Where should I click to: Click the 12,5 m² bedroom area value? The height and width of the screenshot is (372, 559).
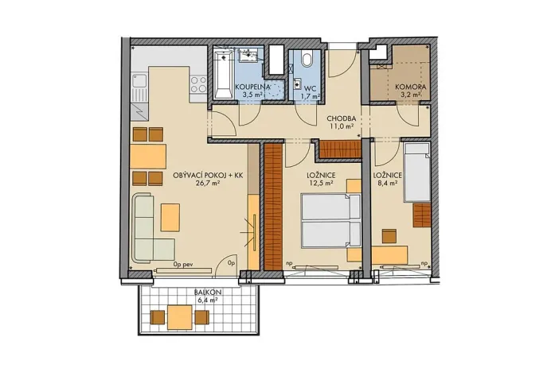coord(319,183)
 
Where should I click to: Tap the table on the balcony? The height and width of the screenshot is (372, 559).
coord(180,318)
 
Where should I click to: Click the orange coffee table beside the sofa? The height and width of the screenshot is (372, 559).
coord(170,216)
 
